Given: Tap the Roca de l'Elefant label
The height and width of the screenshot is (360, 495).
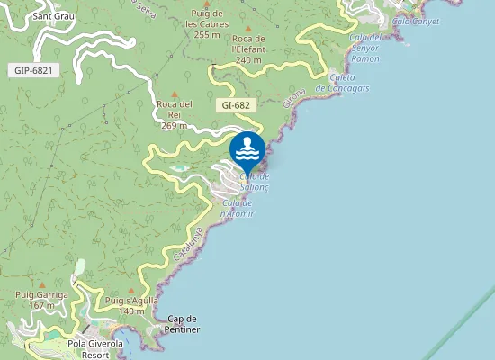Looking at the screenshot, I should tap(248, 44).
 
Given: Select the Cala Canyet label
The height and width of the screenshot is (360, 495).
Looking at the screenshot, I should tap(415, 20).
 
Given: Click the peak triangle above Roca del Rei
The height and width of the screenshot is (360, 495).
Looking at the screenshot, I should tap(175, 94).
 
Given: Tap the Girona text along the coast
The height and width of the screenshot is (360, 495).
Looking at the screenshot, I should tap(295, 96).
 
